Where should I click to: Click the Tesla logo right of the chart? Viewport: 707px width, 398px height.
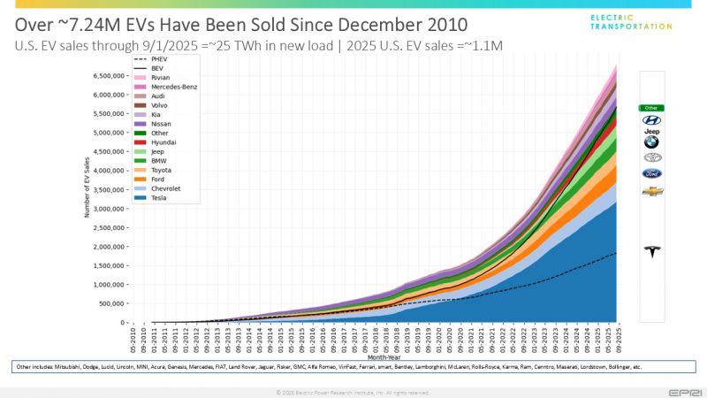tap(652, 252)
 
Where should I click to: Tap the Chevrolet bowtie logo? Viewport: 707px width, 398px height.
tap(652, 191)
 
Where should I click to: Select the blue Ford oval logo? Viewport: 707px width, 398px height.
tap(652, 173)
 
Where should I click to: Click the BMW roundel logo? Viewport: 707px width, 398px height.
tap(651, 142)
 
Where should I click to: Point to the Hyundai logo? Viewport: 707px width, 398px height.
tap(651, 119)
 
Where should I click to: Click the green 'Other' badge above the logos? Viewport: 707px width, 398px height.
tap(651, 107)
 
